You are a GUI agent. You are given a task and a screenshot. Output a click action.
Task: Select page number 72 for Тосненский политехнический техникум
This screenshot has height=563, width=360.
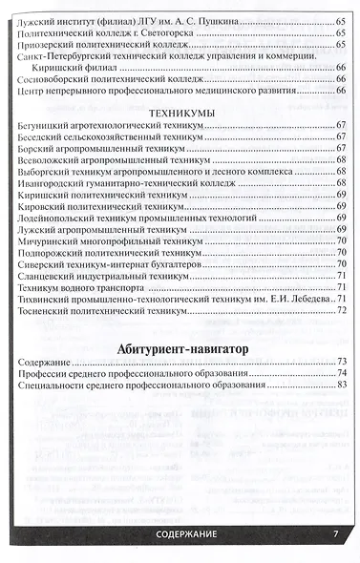pyautogui.click(x=341, y=310)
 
